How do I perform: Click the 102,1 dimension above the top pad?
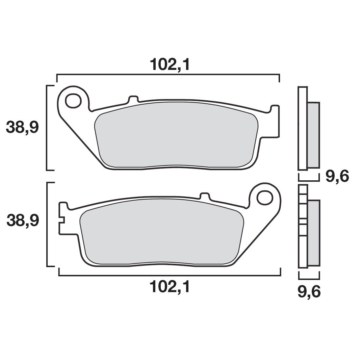tap(170, 64)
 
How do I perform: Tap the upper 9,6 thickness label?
tap(337, 176)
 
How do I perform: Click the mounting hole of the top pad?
tap(73, 100)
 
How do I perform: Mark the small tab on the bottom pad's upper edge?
tap(205, 196)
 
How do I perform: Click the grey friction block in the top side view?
tap(313, 135)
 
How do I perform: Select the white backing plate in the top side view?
tap(302, 128)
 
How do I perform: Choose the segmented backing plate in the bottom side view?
tap(303, 226)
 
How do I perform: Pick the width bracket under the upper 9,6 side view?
tap(309, 177)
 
